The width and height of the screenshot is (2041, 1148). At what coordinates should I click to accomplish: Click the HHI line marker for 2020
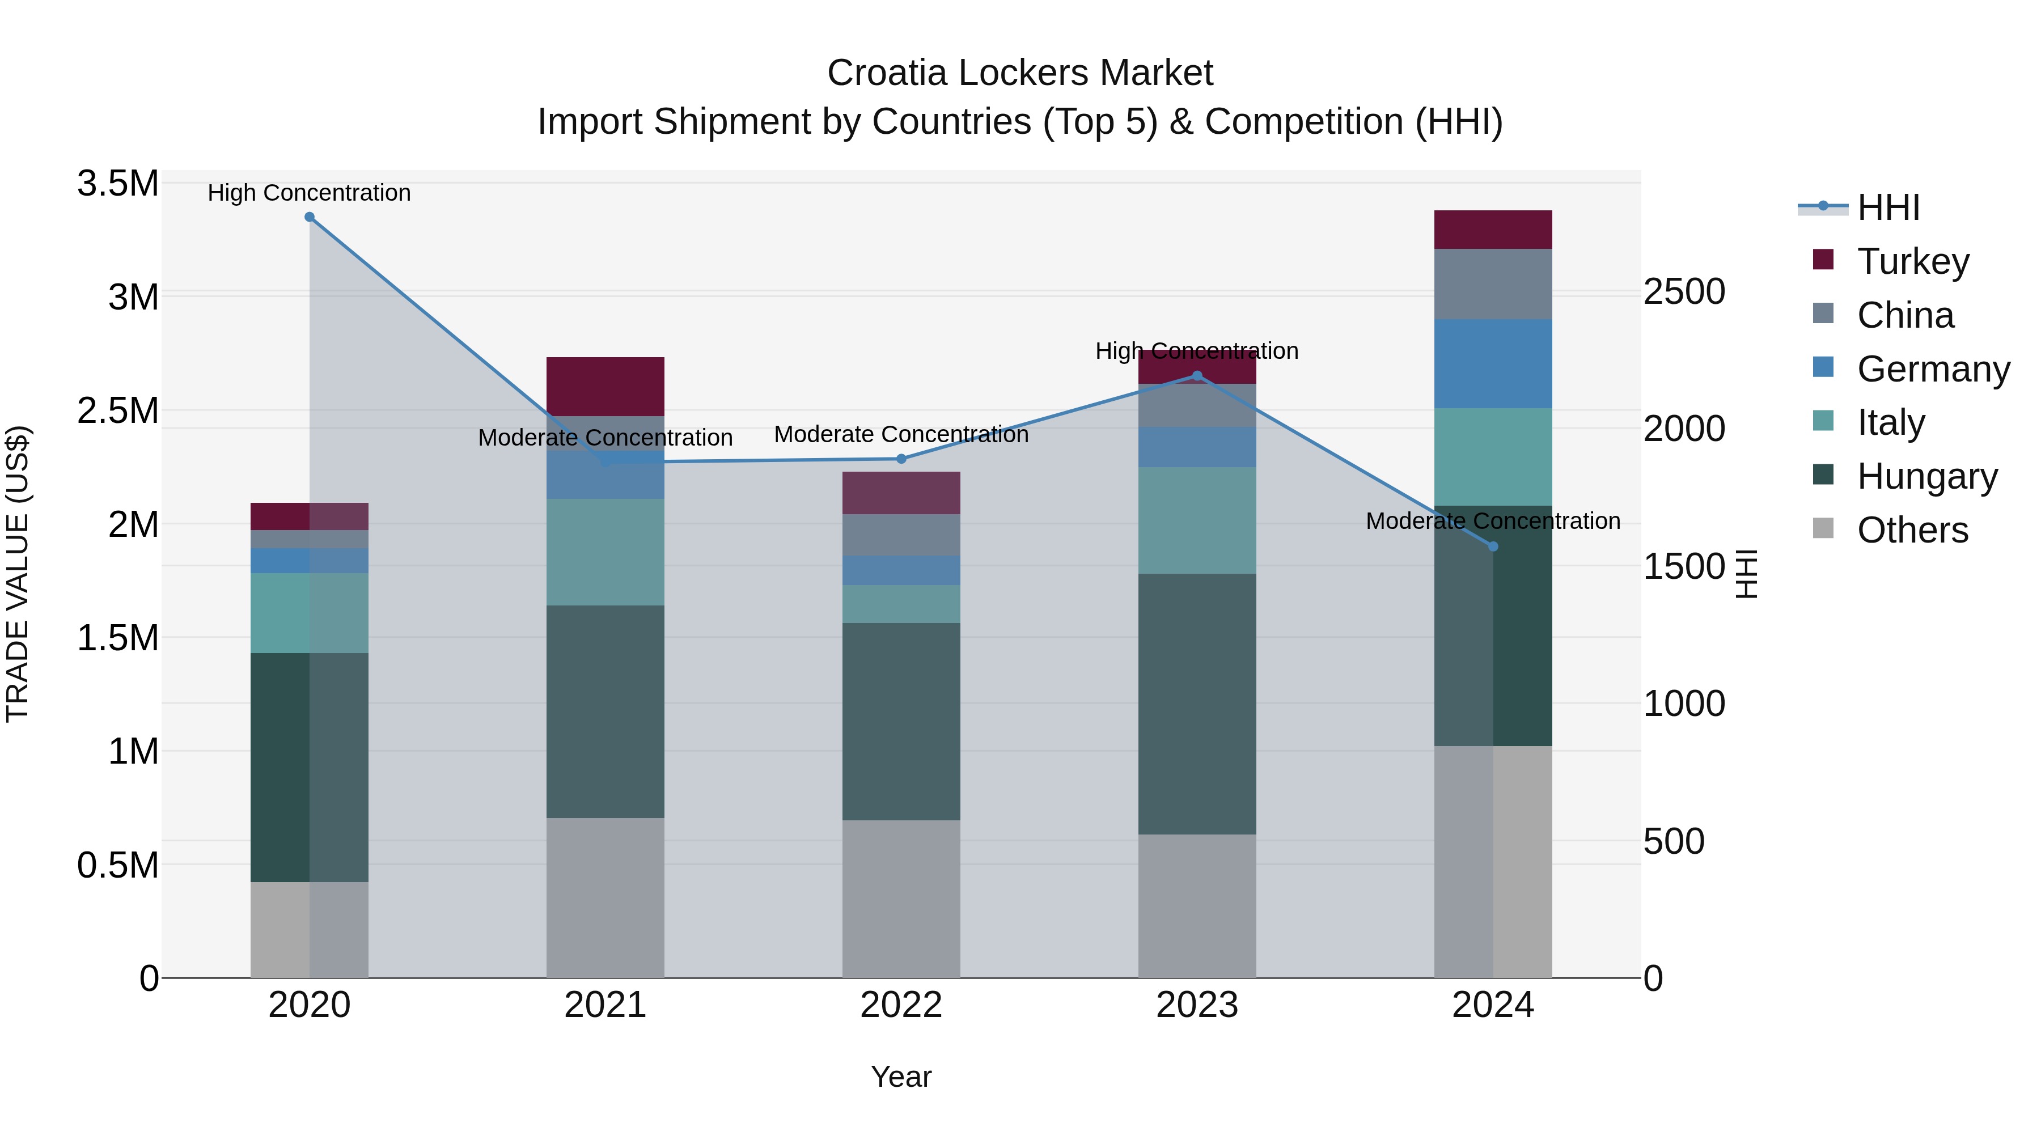tap(309, 217)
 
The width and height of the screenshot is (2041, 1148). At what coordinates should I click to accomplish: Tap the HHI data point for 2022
tap(901, 459)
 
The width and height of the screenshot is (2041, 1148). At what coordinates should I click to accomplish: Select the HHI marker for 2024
tap(1493, 547)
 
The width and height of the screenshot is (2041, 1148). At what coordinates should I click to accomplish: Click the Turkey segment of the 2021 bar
tap(605, 386)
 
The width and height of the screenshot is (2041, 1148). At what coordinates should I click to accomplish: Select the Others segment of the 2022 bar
tap(901, 899)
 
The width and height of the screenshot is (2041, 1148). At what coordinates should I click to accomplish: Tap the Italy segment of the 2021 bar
tap(605, 552)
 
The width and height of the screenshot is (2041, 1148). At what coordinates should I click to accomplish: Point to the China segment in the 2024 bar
tap(1493, 283)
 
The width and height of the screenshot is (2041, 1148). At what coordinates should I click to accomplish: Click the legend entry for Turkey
tap(1912, 261)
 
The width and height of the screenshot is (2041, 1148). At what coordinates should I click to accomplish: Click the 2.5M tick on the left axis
tap(117, 410)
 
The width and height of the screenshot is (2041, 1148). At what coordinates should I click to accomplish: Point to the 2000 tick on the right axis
tap(1684, 429)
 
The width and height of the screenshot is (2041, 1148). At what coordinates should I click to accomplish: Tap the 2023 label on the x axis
tap(1196, 1005)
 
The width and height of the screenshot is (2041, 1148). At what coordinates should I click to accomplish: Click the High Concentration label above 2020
tap(309, 193)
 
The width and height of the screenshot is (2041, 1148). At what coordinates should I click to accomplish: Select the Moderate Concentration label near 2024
tap(1493, 520)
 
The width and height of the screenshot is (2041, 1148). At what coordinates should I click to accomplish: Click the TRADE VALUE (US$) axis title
tap(18, 574)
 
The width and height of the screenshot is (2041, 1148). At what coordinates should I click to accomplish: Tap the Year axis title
tap(901, 1077)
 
